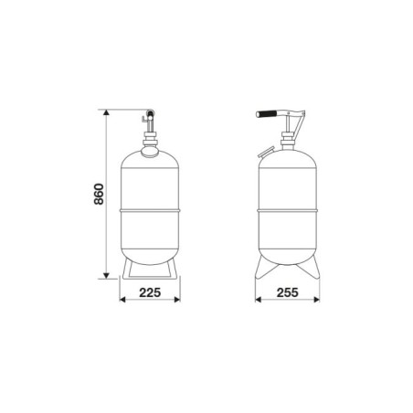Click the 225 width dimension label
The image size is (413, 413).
151,293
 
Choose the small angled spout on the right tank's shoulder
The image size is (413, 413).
264,150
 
